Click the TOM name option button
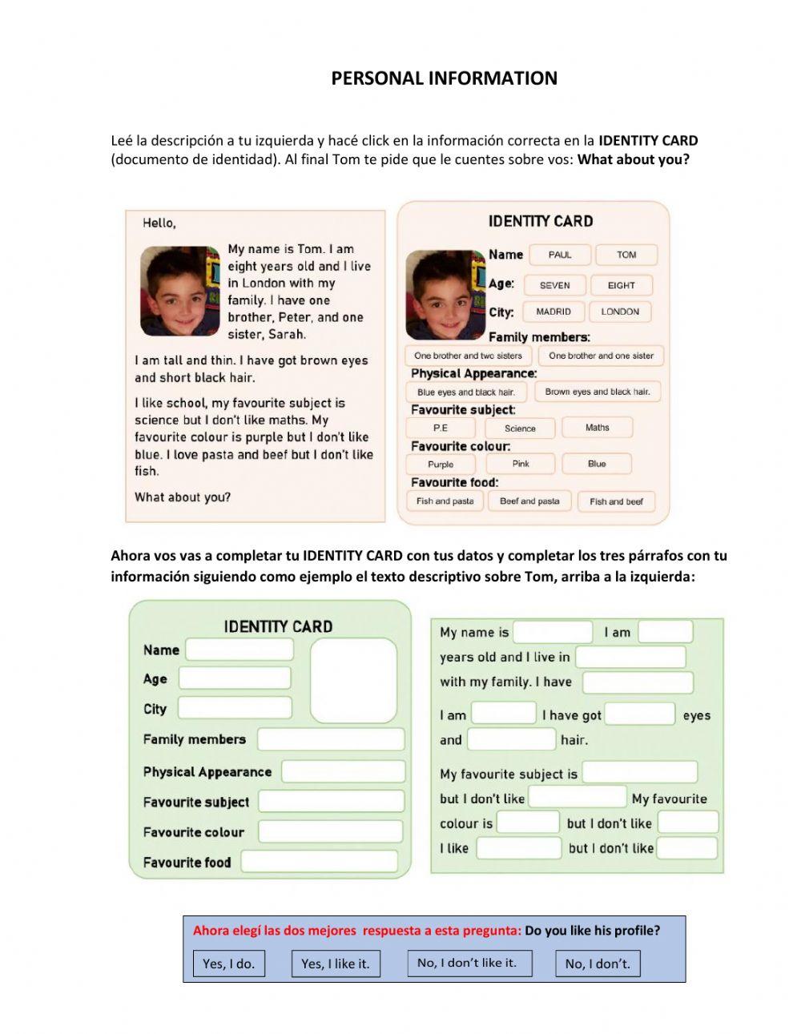[x=626, y=255]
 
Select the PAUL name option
[x=560, y=255]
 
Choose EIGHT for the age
[x=621, y=285]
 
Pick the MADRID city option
[x=553, y=312]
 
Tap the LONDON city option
[x=620, y=312]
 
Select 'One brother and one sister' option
[x=601, y=356]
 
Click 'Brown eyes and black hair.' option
[x=598, y=392]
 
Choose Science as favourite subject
[x=520, y=428]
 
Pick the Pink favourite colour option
[x=521, y=464]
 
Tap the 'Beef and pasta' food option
[x=529, y=501]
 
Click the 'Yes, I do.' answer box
[x=228, y=964]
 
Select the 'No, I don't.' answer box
[x=598, y=964]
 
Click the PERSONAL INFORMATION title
[x=444, y=78]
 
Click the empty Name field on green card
[x=239, y=650]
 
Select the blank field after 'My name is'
[x=553, y=632]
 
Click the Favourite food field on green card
[x=319, y=862]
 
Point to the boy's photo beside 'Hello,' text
[x=179, y=291]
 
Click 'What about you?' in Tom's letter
[x=183, y=497]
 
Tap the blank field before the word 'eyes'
[x=639, y=714]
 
